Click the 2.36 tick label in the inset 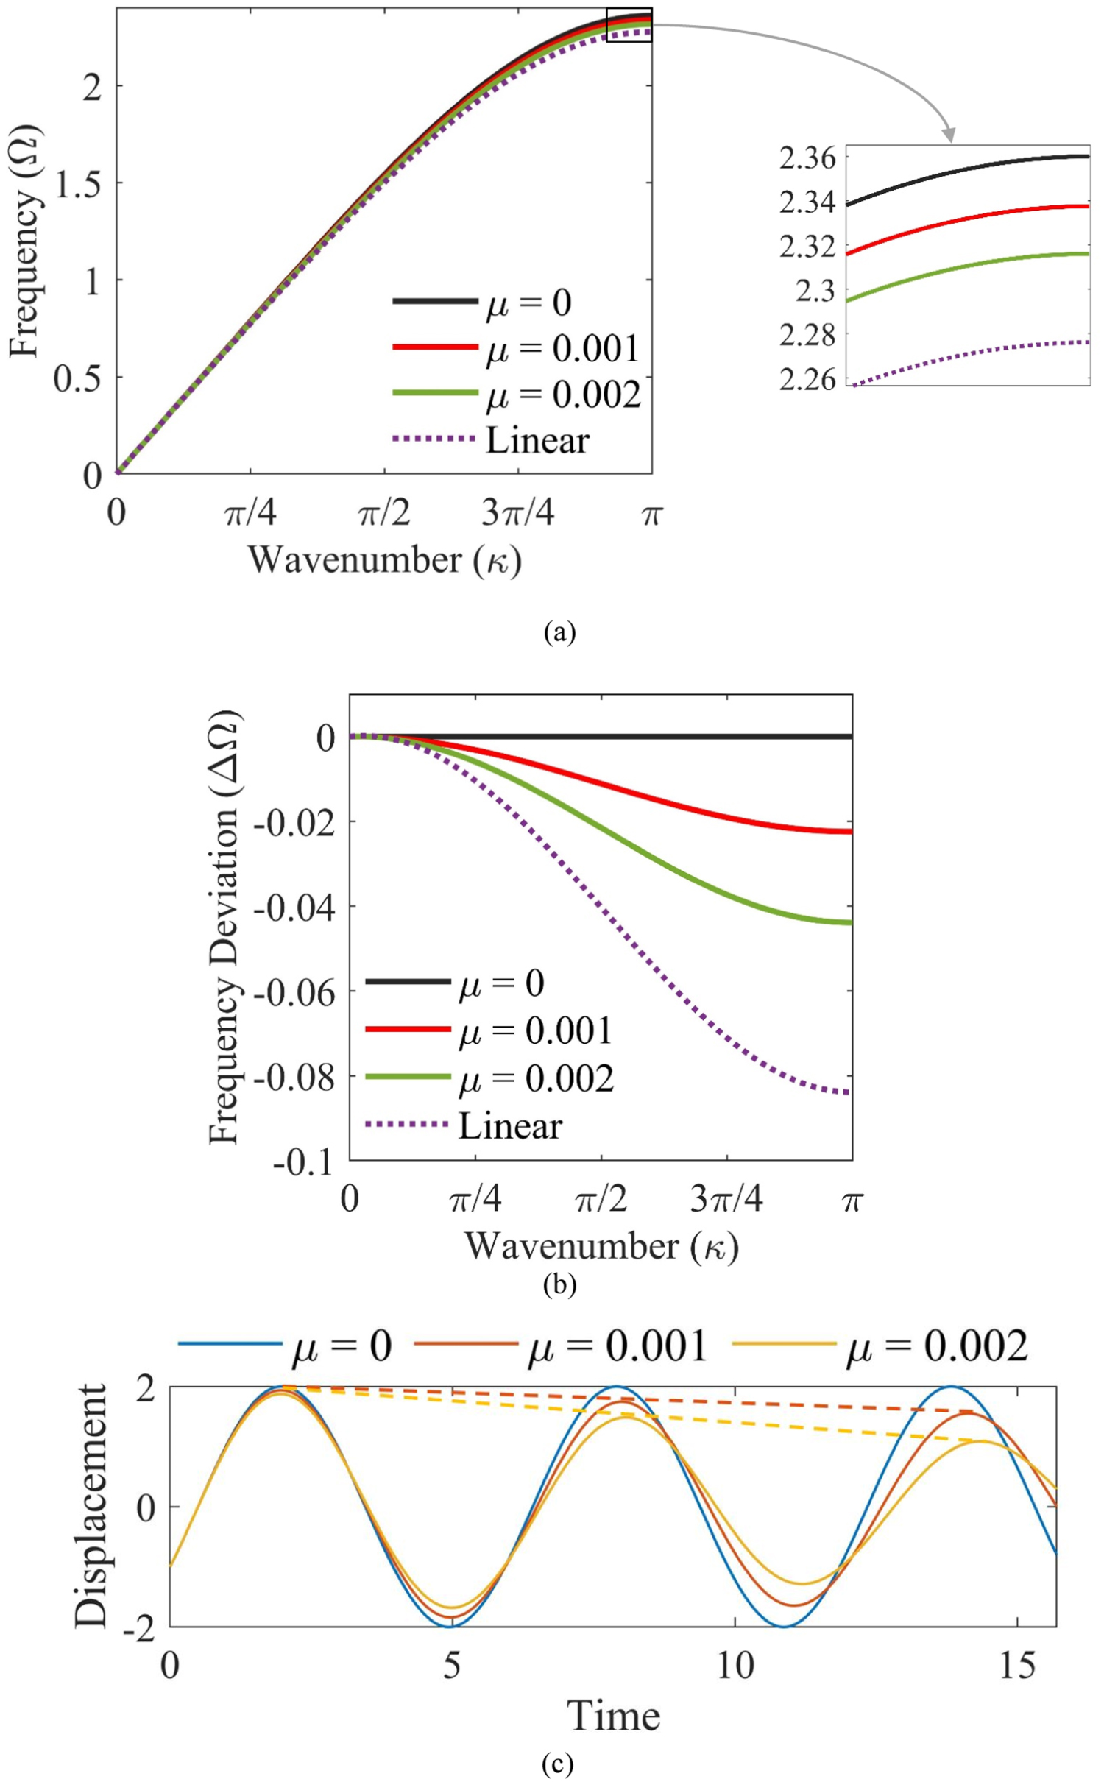click(807, 158)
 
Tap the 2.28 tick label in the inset click(807, 335)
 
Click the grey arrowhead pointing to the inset click(950, 135)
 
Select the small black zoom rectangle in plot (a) click(629, 25)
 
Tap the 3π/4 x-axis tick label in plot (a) click(518, 513)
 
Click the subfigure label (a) click(559, 632)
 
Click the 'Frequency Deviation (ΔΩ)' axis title click(224, 927)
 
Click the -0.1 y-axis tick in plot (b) click(302, 1164)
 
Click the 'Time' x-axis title click(613, 1716)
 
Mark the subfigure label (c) click(557, 1765)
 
